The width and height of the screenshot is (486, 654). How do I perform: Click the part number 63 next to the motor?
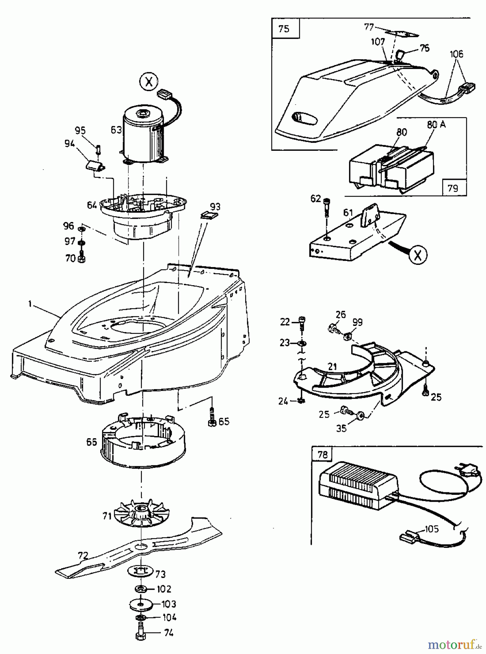point(116,130)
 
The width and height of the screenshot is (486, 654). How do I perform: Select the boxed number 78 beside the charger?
point(323,455)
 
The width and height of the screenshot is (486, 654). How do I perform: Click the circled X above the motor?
point(148,82)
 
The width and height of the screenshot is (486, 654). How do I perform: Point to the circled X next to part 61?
point(418,255)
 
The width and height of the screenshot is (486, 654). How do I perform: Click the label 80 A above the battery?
point(436,125)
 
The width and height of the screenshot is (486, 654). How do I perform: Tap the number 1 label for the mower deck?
point(30,304)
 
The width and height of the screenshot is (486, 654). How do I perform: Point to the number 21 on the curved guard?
point(332,367)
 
